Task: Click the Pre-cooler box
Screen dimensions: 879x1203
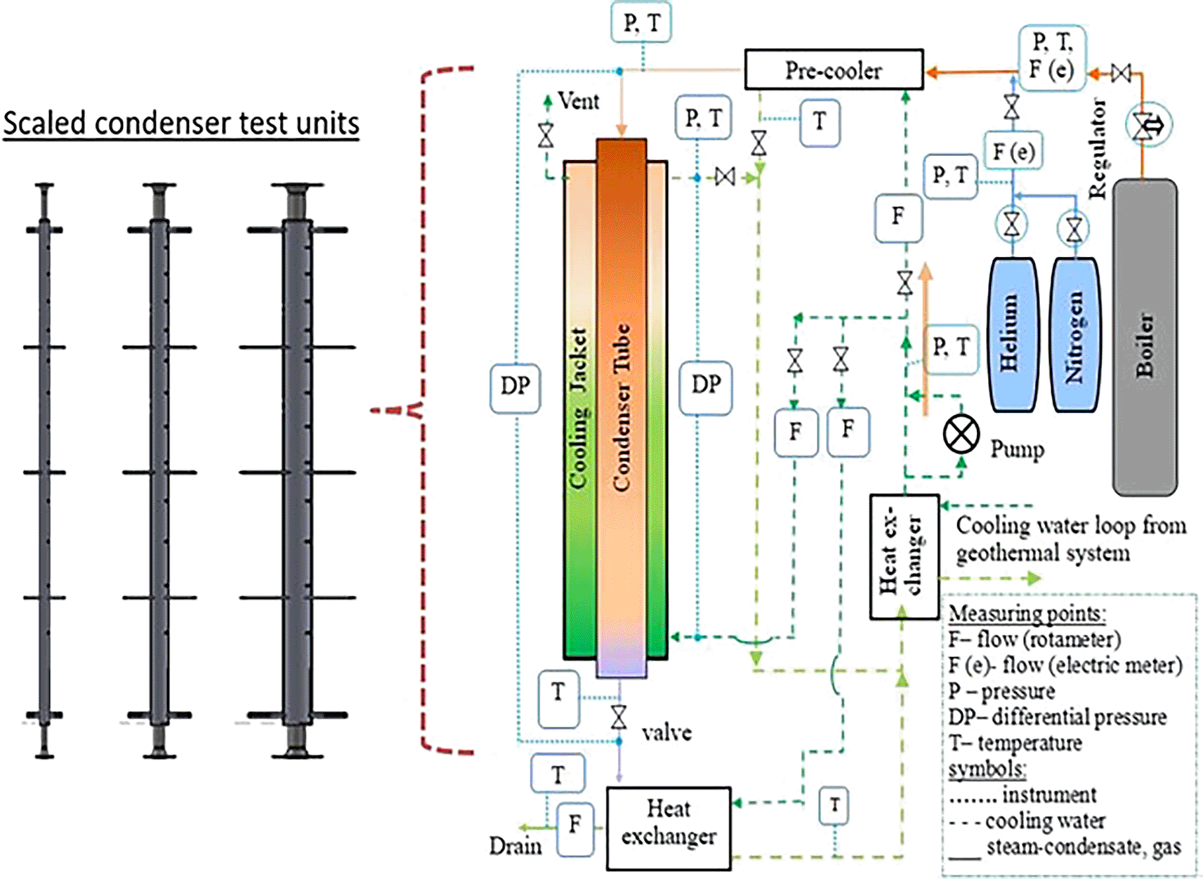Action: pos(834,70)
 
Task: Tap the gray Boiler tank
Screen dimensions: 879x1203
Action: pos(1145,337)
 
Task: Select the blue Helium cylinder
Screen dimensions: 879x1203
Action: pos(1013,334)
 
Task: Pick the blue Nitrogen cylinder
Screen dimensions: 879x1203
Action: pos(1074,334)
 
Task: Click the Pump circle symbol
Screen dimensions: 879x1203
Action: pos(961,434)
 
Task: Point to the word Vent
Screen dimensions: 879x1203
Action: pos(579,101)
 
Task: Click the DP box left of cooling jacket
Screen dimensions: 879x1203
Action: pos(515,387)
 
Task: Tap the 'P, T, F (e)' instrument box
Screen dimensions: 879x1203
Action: pos(1051,58)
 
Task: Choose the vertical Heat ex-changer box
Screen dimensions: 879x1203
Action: pos(904,557)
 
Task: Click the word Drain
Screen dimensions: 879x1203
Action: pos(515,846)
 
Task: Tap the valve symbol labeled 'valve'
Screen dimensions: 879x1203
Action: pos(619,717)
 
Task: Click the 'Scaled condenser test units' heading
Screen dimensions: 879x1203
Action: pos(181,124)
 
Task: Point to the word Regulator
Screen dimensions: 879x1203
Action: pos(1097,148)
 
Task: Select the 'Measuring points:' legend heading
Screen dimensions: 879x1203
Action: pos(1027,614)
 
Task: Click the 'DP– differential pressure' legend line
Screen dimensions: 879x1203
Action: pos(1057,717)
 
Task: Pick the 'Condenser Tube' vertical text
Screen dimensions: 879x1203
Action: pos(621,407)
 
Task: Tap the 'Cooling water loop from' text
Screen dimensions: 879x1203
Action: pos(1071,525)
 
